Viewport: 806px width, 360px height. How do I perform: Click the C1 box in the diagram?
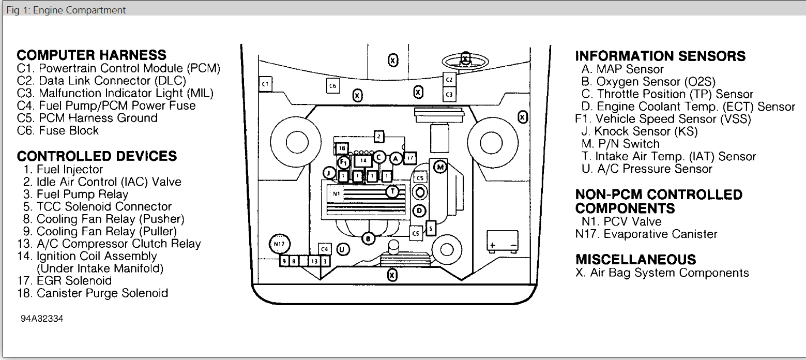click(265, 84)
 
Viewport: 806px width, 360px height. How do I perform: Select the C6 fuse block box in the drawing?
click(333, 85)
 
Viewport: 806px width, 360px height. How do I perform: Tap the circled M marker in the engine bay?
click(439, 167)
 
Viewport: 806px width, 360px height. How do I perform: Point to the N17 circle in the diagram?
click(280, 243)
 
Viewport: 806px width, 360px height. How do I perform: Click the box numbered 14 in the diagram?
click(363, 161)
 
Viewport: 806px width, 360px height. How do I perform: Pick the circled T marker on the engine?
click(393, 192)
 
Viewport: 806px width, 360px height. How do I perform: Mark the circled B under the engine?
click(368, 238)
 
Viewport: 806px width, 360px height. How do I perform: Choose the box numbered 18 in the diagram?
click(342, 148)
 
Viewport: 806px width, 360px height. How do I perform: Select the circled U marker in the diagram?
click(342, 249)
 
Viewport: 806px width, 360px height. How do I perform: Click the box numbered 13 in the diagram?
click(314, 261)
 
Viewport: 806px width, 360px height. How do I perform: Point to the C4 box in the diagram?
click(325, 249)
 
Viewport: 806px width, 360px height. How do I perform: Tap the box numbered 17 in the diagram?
click(410, 158)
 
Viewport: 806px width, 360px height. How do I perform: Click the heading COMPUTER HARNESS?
click(92, 55)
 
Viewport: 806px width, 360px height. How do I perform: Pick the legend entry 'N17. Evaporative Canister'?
click(646, 234)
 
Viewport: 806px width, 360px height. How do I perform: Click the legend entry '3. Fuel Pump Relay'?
click(82, 194)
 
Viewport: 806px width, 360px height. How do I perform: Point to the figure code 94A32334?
click(42, 319)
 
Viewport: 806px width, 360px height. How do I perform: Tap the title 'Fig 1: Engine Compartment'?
click(66, 10)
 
